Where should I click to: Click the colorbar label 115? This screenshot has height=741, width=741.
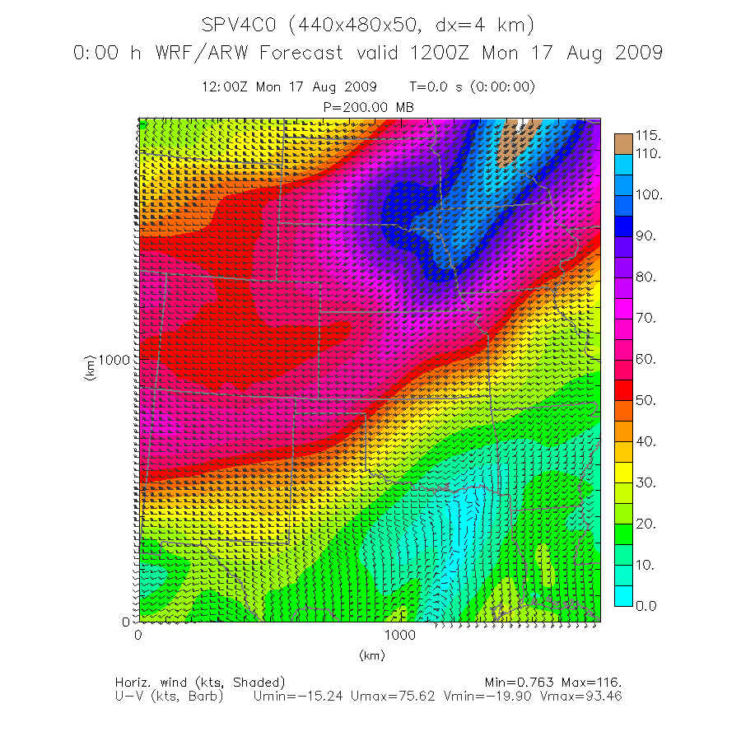click(x=649, y=135)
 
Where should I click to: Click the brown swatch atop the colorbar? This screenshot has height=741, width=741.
click(x=623, y=142)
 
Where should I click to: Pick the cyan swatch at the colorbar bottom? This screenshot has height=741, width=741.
click(x=623, y=595)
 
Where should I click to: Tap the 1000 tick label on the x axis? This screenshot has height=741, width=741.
click(x=399, y=636)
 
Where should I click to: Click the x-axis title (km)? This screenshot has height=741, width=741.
click(x=372, y=655)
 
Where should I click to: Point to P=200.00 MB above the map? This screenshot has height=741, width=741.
click(x=370, y=107)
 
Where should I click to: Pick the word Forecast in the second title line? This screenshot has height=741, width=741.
click(x=302, y=53)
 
